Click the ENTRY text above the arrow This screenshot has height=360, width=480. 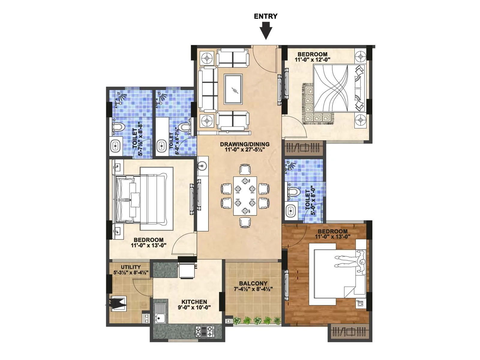[265, 16]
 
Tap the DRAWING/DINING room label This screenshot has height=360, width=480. [244, 144]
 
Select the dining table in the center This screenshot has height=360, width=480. [245, 196]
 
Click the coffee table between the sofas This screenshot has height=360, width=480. [233, 90]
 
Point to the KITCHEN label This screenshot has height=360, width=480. [194, 302]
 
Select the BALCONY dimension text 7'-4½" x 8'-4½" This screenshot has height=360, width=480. [253, 289]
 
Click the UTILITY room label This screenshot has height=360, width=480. [130, 267]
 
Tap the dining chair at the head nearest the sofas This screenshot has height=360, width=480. [245, 169]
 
